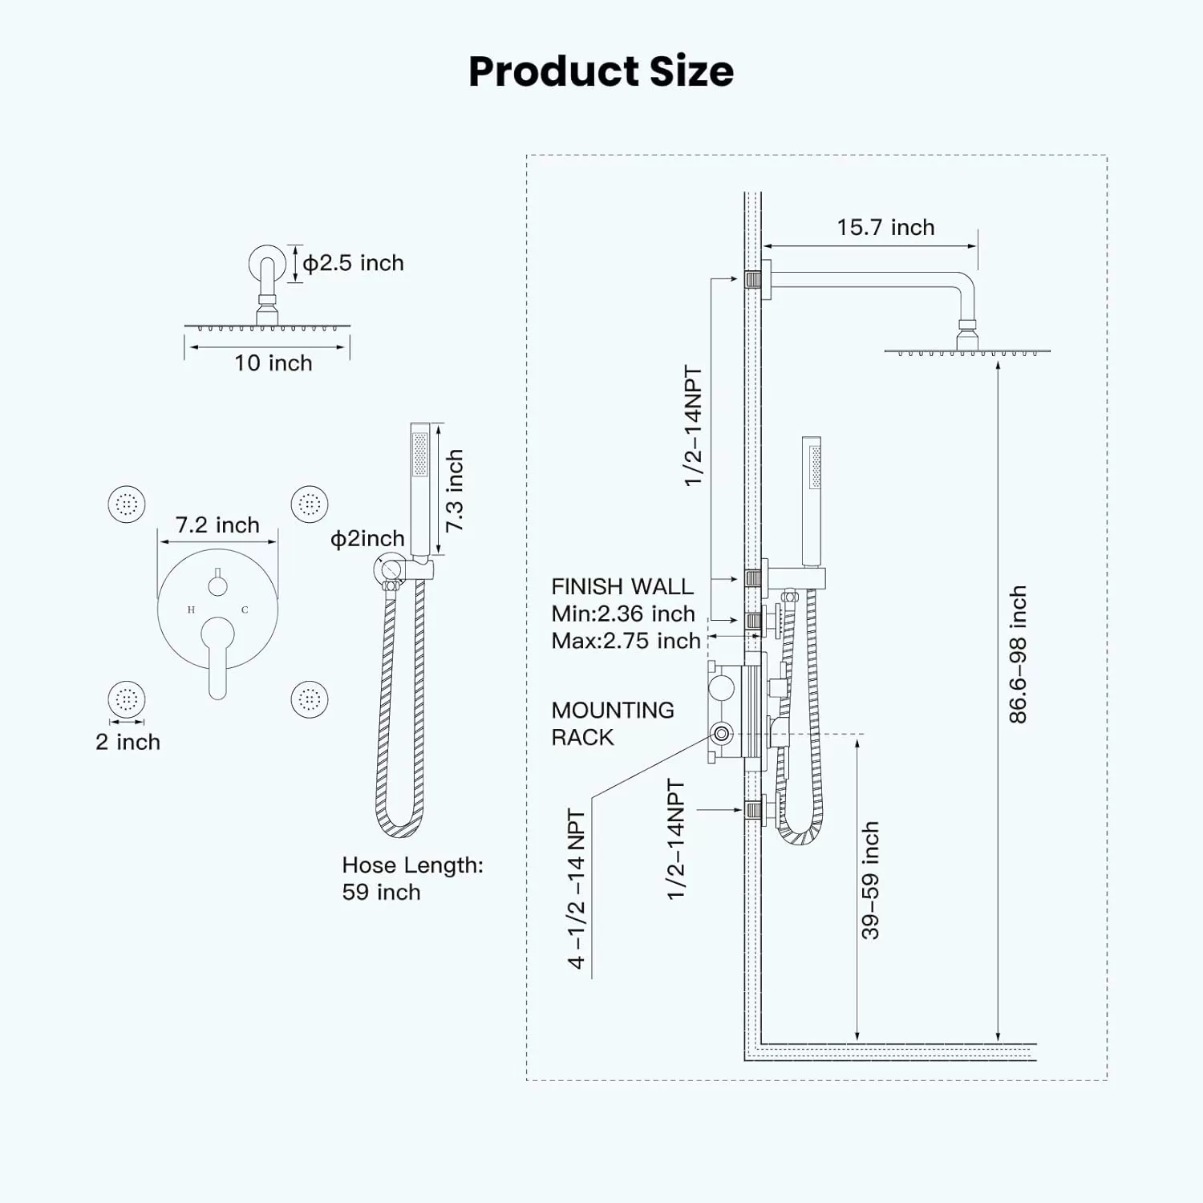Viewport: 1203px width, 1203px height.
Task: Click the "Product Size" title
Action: pos(601,71)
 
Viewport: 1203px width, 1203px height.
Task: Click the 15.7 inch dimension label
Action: pos(885,228)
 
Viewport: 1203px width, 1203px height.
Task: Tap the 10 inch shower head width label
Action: pos(273,363)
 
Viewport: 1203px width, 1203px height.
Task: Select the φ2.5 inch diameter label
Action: pos(353,263)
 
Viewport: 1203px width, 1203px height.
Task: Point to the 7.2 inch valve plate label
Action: pos(217,525)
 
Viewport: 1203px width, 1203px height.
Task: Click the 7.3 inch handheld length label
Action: pos(455,490)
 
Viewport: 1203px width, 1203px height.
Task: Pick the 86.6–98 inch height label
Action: pos(1018,654)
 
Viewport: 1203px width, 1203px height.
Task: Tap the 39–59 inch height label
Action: pos(870,880)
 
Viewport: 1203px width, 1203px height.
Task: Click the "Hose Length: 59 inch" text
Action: pos(413,878)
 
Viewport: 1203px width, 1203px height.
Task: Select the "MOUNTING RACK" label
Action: pos(613,723)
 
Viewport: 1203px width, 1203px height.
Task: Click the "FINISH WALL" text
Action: pos(622,587)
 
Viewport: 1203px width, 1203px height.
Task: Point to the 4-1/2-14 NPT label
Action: pos(577,889)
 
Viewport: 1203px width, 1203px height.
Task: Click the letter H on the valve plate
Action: pos(191,610)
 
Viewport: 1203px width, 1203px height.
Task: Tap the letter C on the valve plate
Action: pos(245,610)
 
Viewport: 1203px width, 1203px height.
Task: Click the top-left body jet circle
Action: pos(127,504)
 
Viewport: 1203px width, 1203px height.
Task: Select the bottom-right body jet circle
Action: pos(310,699)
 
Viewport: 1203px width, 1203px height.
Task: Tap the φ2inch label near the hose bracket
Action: pos(367,539)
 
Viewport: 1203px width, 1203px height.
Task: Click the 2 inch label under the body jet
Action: pos(128,743)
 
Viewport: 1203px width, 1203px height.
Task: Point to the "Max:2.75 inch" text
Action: pos(626,642)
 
